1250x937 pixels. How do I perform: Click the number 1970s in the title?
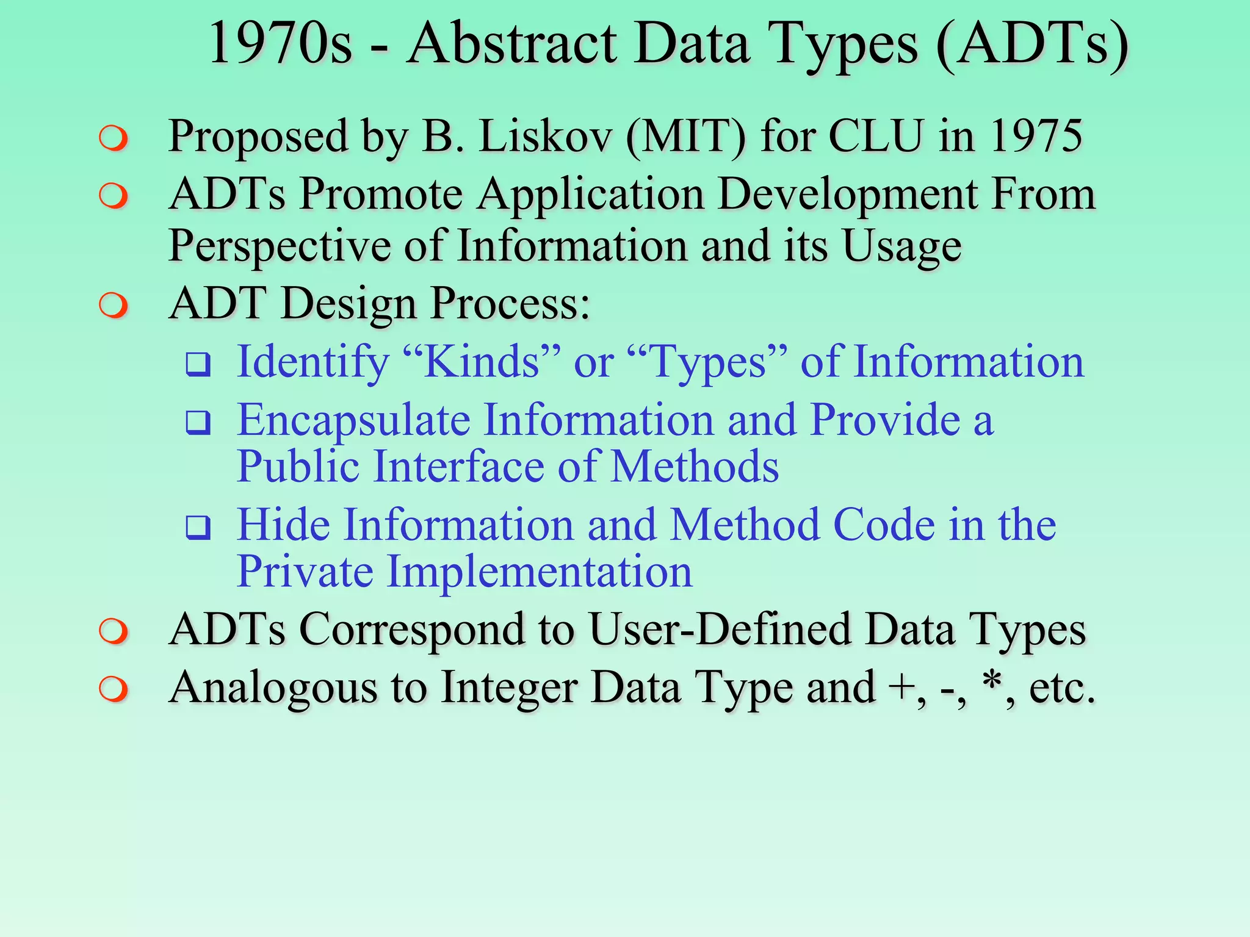(280, 44)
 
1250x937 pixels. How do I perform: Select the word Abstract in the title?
(512, 44)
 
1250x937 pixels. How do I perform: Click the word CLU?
(876, 135)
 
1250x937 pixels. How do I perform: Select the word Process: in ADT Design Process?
(510, 304)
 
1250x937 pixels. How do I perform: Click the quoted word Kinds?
(482, 361)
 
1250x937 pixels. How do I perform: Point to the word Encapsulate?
(353, 422)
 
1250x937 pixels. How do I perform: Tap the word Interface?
(458, 467)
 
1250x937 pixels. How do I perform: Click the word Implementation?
(540, 572)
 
